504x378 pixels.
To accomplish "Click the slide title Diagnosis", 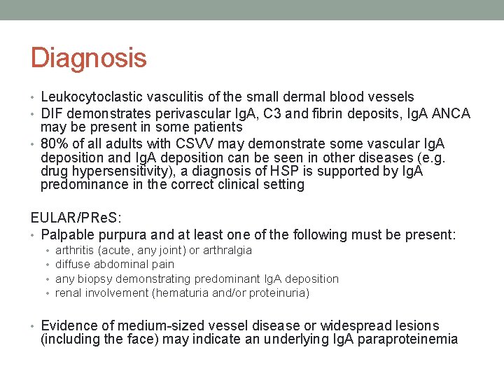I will (x=88, y=57).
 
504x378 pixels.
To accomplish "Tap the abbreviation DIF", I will (x=53, y=113).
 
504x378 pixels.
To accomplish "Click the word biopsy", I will (x=93, y=279).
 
